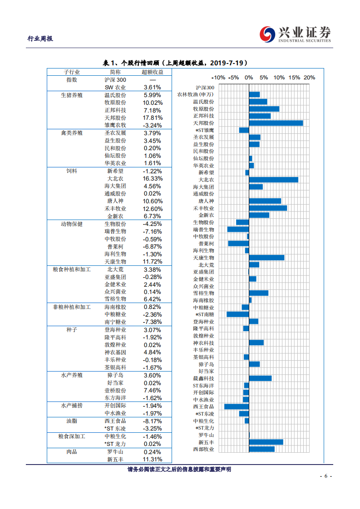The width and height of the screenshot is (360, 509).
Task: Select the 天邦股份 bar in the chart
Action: [x=276, y=123]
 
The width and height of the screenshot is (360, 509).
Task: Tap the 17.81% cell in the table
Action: [x=153, y=117]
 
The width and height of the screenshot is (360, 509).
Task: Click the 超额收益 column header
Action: [x=153, y=72]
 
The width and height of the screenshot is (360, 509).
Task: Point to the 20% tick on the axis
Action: [x=309, y=78]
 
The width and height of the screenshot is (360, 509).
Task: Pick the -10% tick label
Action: [x=218, y=78]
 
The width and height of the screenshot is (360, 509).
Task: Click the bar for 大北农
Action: [x=273, y=180]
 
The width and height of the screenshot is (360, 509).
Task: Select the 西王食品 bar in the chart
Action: [x=237, y=406]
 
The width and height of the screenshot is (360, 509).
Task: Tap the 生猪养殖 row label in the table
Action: [x=72, y=95]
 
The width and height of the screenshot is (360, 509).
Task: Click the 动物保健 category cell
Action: [x=72, y=224]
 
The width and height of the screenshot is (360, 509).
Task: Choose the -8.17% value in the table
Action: [x=153, y=421]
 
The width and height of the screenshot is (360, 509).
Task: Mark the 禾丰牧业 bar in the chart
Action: [x=268, y=208]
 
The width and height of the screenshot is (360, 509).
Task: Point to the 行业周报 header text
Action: [x=40, y=39]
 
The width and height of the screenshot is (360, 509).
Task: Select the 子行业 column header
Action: [x=72, y=72]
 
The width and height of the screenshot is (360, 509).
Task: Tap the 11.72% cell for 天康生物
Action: [x=153, y=262]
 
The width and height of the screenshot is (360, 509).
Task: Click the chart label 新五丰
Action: [x=206, y=442]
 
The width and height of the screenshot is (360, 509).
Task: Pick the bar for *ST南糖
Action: [x=238, y=314]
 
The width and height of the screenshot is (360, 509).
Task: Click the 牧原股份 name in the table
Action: [x=115, y=103]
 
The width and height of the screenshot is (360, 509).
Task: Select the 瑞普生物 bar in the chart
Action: [x=238, y=229]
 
